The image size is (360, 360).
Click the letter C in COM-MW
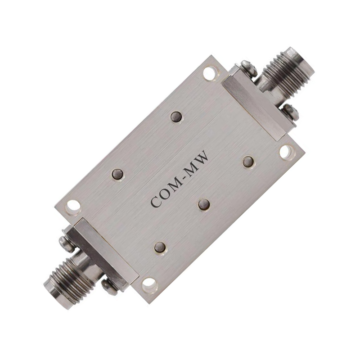pos(156,202)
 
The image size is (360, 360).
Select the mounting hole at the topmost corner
pos(210,73)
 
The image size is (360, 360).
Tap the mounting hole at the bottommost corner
pos(150,285)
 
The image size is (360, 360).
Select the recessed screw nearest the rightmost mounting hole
pos(249,162)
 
